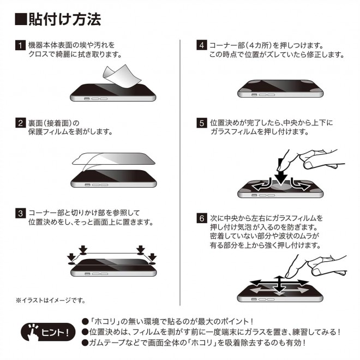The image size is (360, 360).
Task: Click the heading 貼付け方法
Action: tap(65, 19)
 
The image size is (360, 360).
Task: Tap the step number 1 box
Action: tap(20, 45)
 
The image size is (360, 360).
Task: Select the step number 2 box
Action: tap(20, 123)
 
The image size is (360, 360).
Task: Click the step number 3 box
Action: tap(20, 213)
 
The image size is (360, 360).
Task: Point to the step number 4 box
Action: tap(202, 45)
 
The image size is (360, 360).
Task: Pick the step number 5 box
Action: tap(202, 123)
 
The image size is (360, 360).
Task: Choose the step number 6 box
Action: tap(202, 218)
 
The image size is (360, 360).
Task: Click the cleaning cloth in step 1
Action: tap(122, 76)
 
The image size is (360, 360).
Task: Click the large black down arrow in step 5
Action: tap(281, 172)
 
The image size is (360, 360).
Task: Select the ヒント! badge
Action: tap(48, 332)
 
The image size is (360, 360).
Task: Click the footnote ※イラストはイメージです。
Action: tap(51, 301)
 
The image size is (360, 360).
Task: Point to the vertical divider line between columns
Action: tap(180, 173)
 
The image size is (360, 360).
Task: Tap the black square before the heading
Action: tap(21, 19)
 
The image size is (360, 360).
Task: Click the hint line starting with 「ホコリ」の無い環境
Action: tap(167, 321)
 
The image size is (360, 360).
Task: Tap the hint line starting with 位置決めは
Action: tap(211, 332)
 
